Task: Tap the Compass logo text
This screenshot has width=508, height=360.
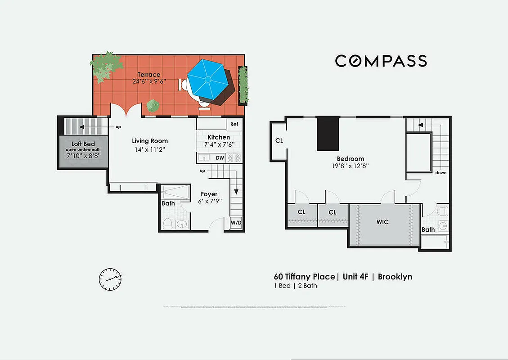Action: pos(381,61)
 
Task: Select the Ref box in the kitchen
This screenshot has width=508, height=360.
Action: pos(234,124)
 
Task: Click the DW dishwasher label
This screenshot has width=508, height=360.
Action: pos(220,158)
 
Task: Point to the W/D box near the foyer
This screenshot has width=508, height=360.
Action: pos(236,223)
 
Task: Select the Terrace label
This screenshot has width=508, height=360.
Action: pos(148,74)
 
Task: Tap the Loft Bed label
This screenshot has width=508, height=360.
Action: pos(83,144)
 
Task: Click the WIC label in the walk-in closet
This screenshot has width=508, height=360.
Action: pos(382,222)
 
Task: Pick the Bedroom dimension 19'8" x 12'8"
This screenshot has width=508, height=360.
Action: pos(351,166)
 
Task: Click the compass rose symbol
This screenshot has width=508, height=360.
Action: pos(110,279)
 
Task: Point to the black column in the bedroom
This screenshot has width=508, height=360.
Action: pos(328,134)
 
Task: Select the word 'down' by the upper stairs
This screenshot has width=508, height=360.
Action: pos(441,172)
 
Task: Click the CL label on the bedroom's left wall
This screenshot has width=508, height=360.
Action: pos(279,140)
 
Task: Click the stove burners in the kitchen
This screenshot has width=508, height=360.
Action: pos(234,158)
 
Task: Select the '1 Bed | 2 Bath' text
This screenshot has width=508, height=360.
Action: pos(295,286)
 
